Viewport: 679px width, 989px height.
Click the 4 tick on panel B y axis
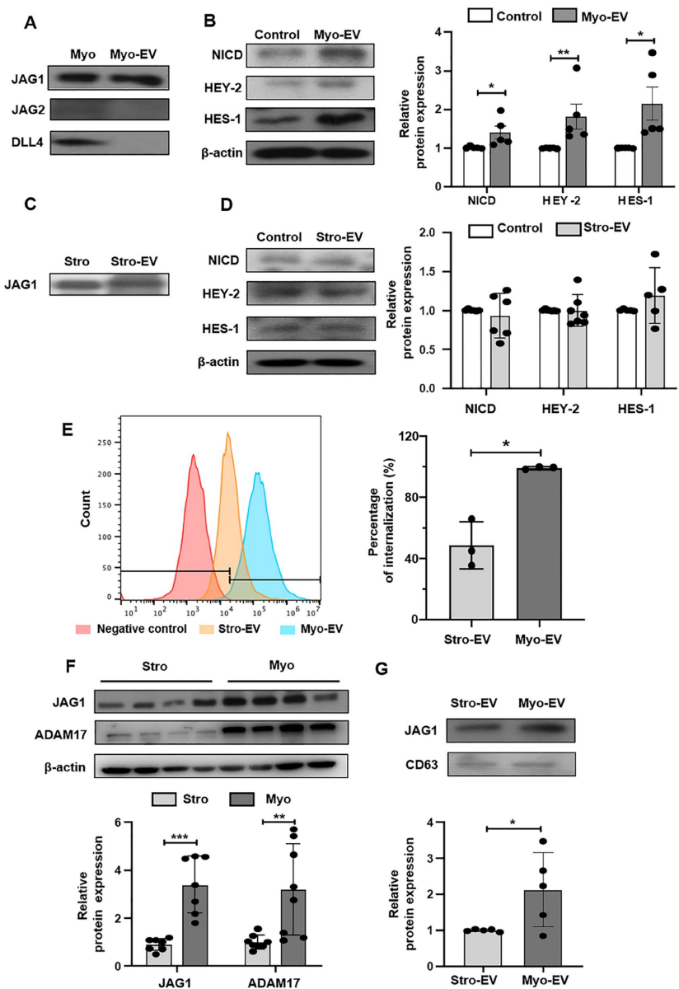pos(432,32)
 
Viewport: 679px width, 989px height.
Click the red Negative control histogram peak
pos(192,455)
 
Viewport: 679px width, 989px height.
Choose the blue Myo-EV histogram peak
pos(258,474)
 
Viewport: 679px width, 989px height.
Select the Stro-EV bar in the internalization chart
pos(471,582)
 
